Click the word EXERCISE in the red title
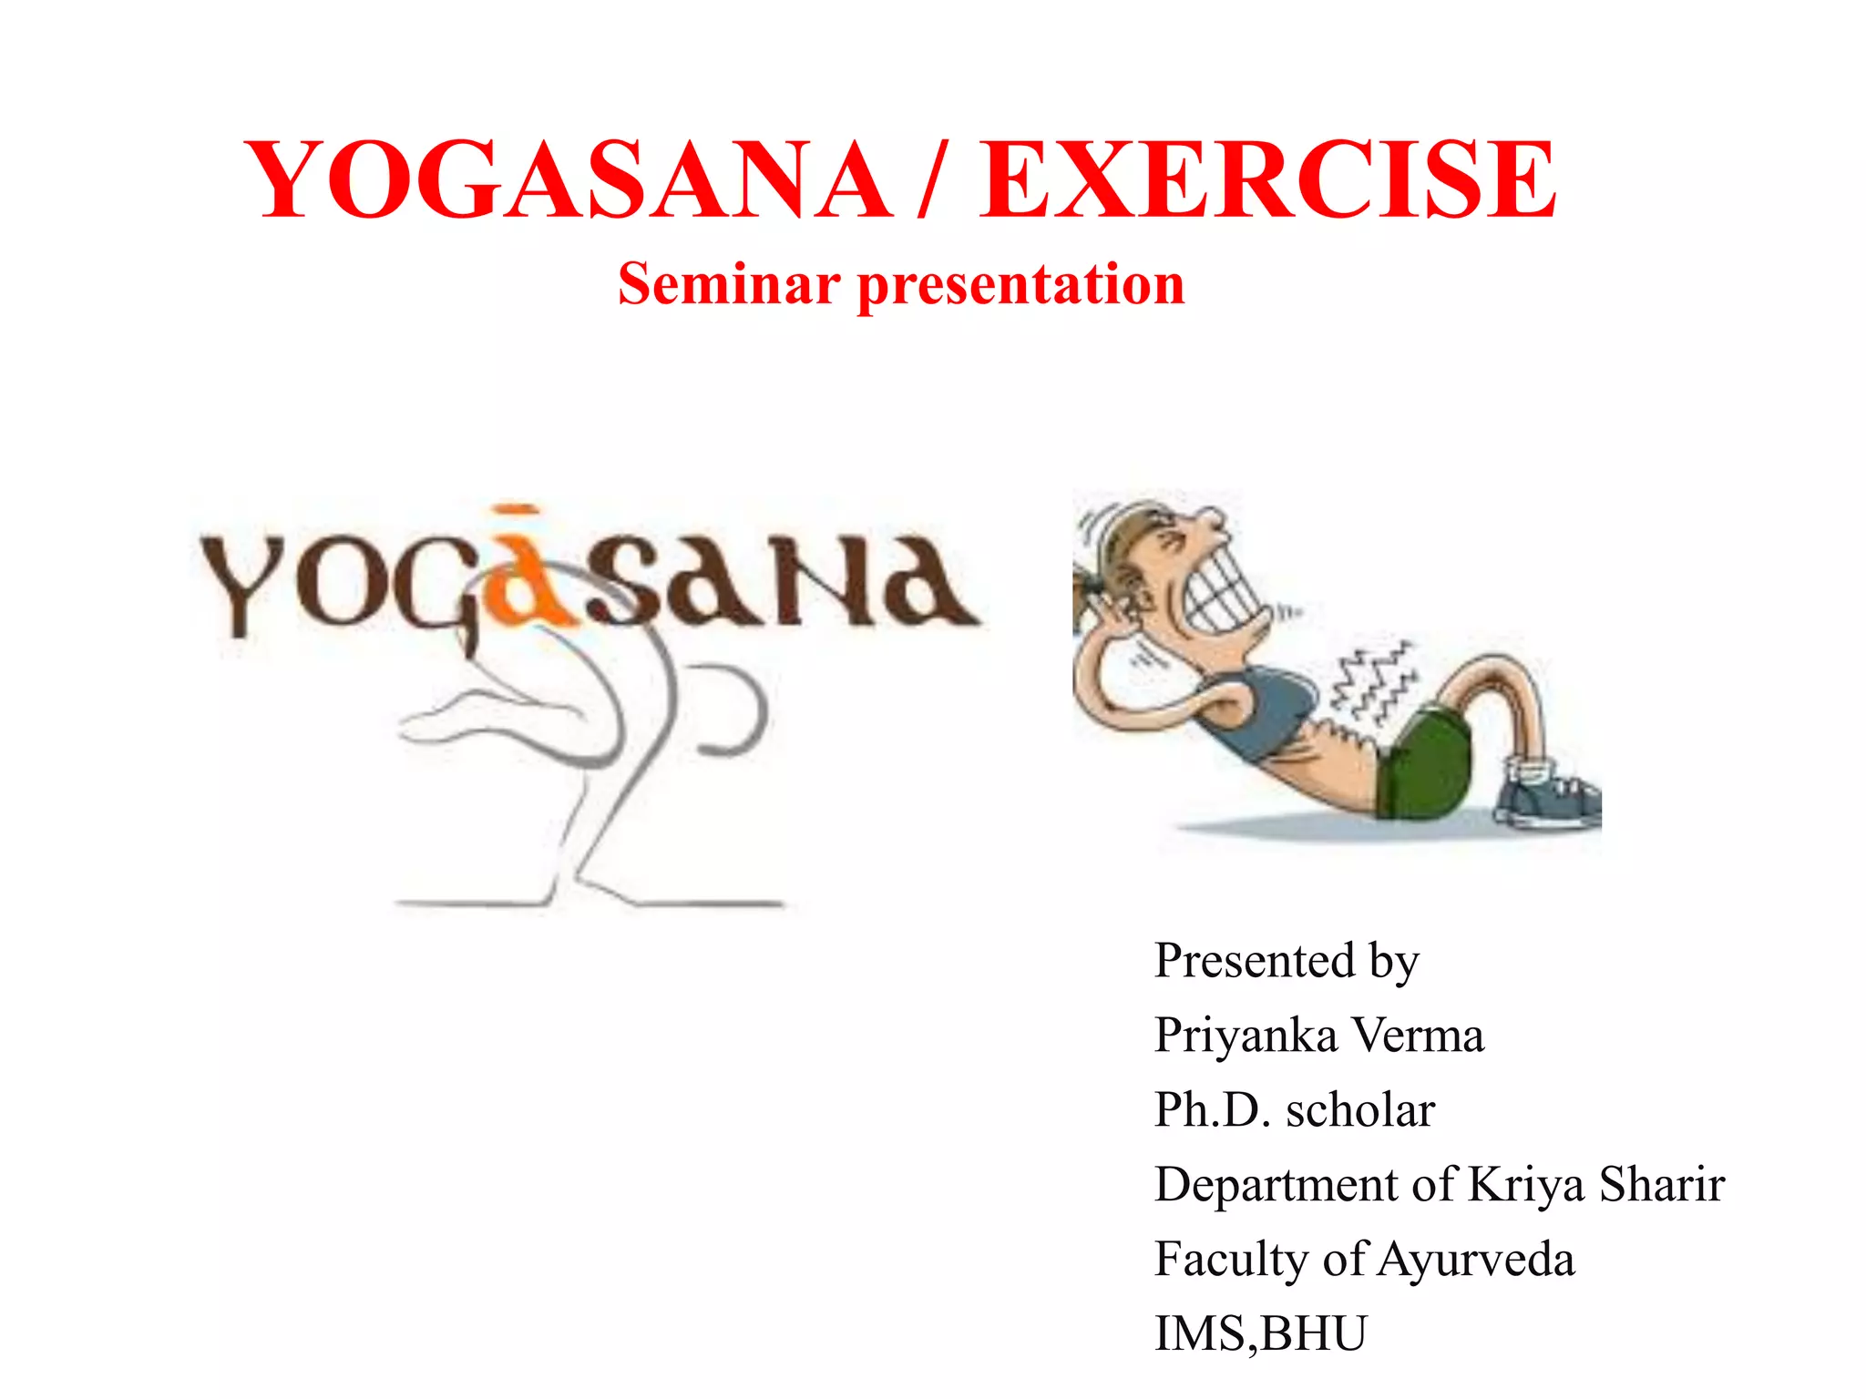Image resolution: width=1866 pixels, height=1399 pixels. pos(1268,180)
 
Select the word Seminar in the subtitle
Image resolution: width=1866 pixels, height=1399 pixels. pos(729,284)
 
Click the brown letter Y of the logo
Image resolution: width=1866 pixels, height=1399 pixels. pos(239,583)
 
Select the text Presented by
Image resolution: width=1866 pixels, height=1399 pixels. pos(1286,962)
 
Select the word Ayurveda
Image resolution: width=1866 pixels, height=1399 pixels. pos(1476,1261)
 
